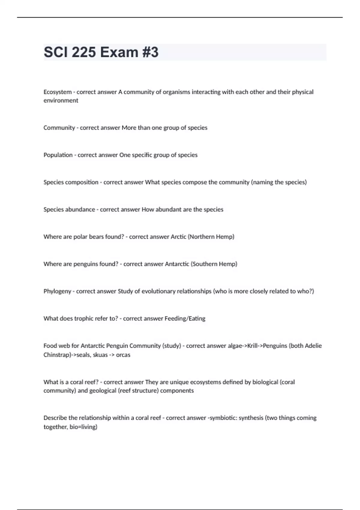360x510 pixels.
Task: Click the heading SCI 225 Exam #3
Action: click(101, 52)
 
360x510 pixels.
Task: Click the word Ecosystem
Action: click(57, 92)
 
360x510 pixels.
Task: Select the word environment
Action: click(61, 100)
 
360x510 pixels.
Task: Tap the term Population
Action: click(58, 155)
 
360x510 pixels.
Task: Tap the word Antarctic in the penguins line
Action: click(177, 264)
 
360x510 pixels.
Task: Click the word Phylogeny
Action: click(57, 291)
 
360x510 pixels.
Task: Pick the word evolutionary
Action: click(161, 291)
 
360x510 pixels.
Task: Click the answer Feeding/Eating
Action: click(185, 319)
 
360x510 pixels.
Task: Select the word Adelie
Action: click(313, 346)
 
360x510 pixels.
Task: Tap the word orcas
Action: click(123, 355)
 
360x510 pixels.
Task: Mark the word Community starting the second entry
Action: click(59, 128)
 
